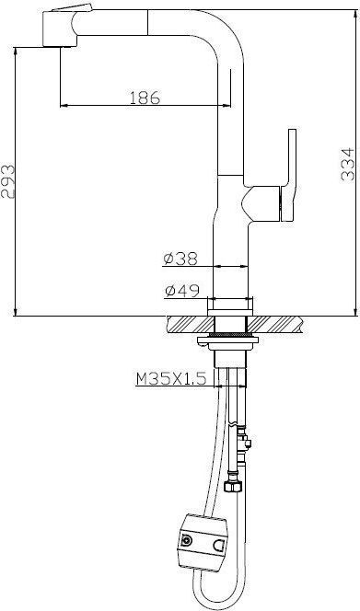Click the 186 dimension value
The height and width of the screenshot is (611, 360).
(145, 98)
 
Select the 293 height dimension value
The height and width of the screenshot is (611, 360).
(7, 181)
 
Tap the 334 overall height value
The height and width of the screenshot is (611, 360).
(347, 164)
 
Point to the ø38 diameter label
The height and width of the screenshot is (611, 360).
(181, 259)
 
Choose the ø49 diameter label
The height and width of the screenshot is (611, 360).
(182, 290)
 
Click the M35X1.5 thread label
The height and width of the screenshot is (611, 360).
(171, 378)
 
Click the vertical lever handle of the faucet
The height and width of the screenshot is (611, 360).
(289, 176)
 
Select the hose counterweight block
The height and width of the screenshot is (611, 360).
(203, 542)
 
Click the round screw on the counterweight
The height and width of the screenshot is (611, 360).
(187, 540)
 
